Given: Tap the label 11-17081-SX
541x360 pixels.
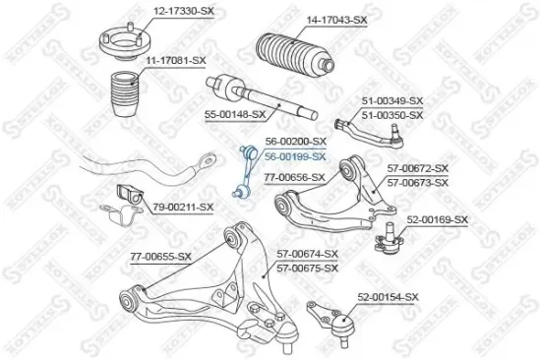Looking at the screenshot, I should [176, 62].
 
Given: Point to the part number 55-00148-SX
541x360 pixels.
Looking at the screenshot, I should [235, 114].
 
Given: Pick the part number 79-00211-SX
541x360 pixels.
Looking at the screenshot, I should [182, 207].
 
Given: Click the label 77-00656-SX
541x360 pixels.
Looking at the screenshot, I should [294, 177].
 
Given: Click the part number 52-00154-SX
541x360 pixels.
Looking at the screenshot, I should [388, 297].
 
